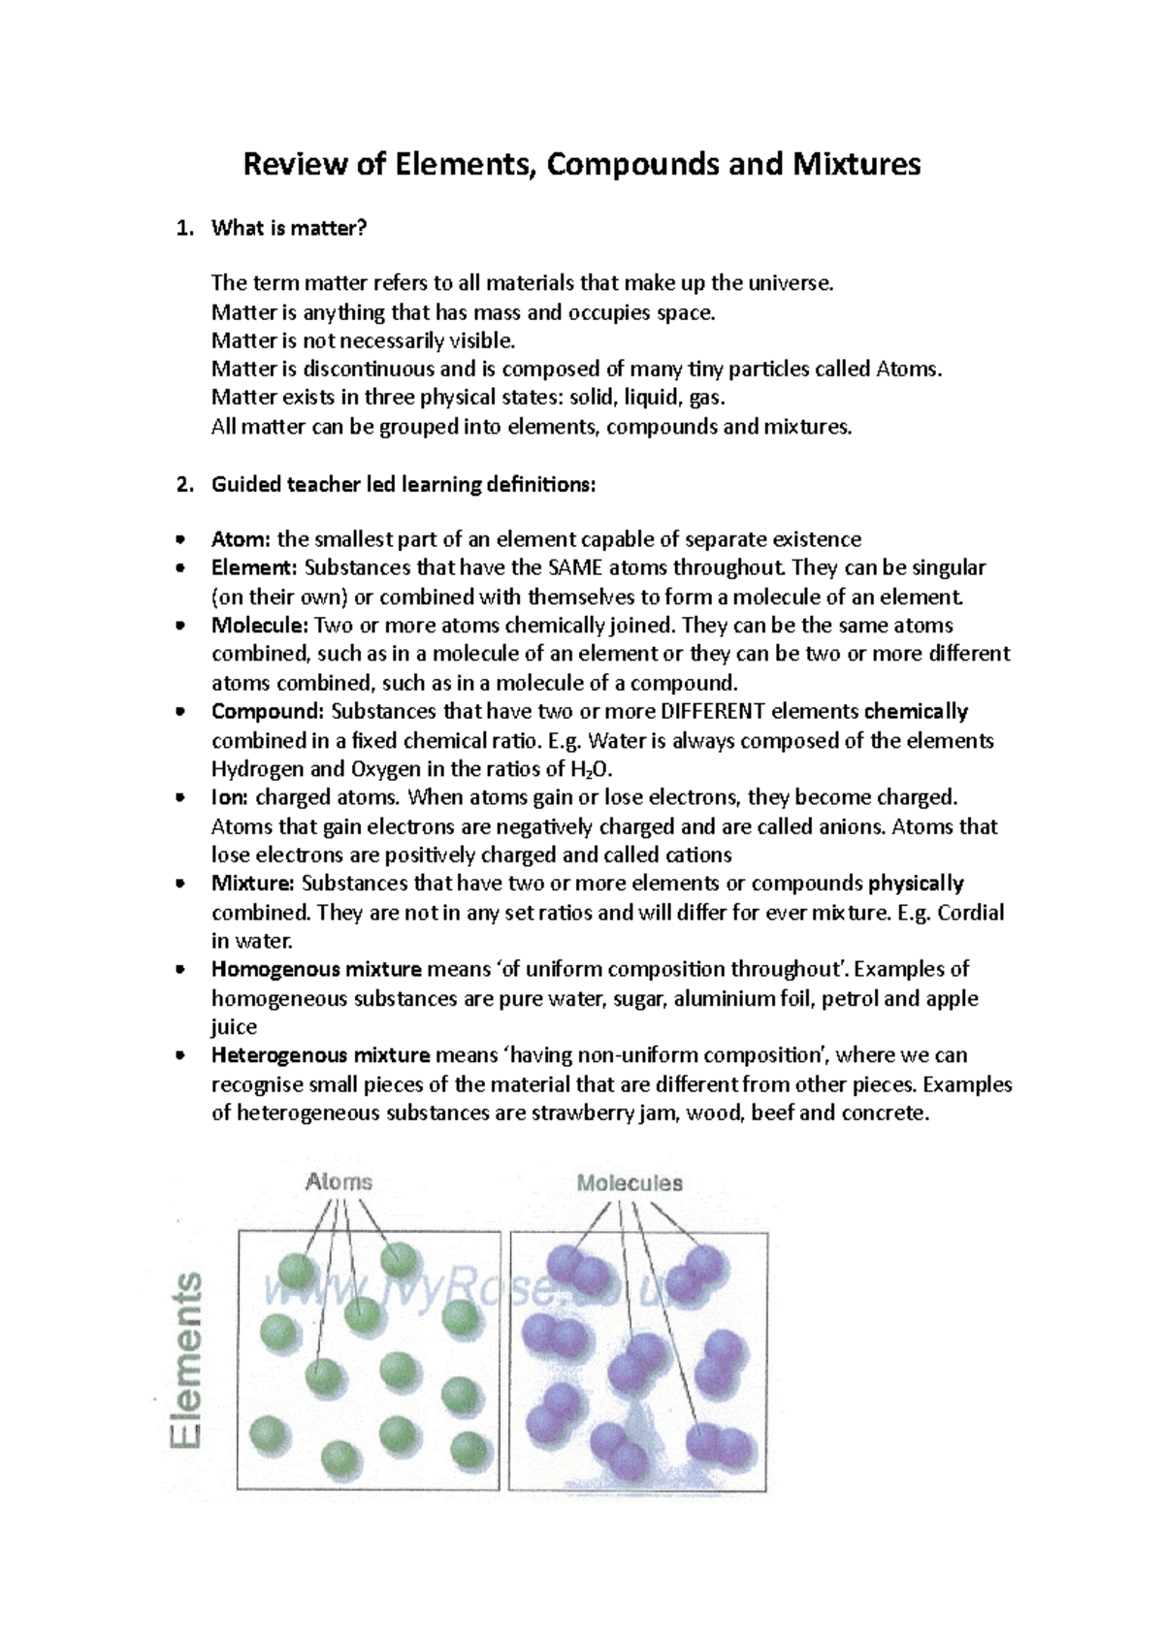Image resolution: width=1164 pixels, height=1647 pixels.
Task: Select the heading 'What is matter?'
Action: pos(289,228)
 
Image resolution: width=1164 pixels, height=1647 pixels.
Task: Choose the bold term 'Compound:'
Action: pos(269,712)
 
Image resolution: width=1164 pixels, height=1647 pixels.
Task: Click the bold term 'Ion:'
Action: pos(230,797)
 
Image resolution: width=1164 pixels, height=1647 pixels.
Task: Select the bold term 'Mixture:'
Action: pos(252,884)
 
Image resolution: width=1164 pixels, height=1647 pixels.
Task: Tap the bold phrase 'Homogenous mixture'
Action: pos(316,969)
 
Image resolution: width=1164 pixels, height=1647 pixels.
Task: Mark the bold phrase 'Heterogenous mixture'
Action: pos(321,1055)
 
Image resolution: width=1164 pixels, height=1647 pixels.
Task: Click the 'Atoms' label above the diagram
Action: pos(339,1182)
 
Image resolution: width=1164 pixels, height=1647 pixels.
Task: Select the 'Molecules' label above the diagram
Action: pos(630,1183)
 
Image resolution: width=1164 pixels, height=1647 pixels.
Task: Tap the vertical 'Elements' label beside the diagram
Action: pos(188,1362)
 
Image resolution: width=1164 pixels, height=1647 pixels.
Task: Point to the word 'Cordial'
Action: pos(970,913)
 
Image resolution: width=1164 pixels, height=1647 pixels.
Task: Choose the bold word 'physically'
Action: pos(916,884)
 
